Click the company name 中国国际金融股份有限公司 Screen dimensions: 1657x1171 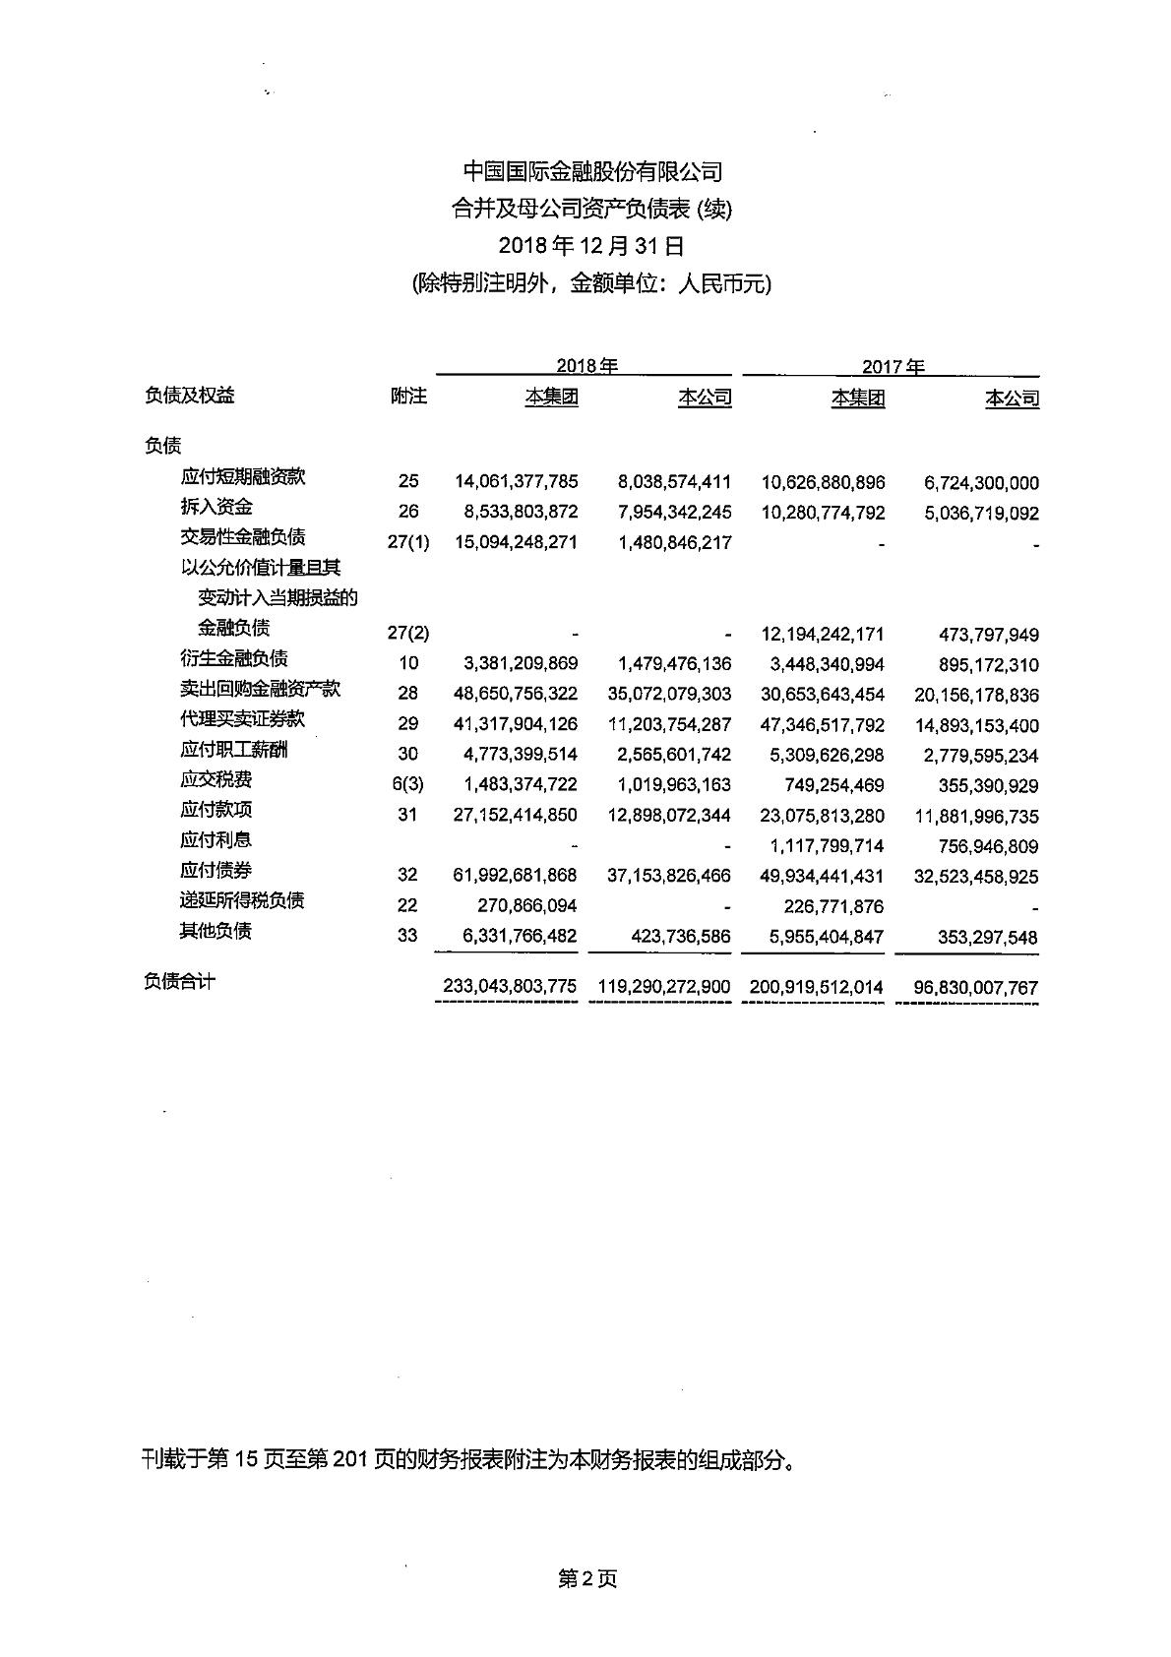pyautogui.click(x=592, y=172)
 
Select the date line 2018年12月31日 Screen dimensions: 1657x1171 pyautogui.click(x=591, y=246)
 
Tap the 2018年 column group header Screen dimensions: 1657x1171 pyautogui.click(x=586, y=366)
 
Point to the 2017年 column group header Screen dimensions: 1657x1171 pyautogui.click(x=894, y=367)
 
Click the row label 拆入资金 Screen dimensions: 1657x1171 pyautogui.click(x=216, y=507)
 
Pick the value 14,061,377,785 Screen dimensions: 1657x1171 pyautogui.click(x=516, y=482)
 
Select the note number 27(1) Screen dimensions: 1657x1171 pyautogui.click(x=408, y=542)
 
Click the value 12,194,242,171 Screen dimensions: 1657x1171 pyautogui.click(x=823, y=634)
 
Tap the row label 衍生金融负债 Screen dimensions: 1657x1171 pyautogui.click(x=234, y=658)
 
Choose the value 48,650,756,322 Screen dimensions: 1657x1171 pyautogui.click(x=516, y=694)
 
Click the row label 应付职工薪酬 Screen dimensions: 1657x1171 pyautogui.click(x=234, y=750)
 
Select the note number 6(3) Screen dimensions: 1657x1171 pyautogui.click(x=408, y=784)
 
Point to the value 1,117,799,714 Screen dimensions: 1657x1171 pyautogui.click(x=823, y=846)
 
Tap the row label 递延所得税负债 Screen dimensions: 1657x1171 pyautogui.click(x=243, y=900)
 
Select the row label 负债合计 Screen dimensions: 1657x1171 pyautogui.click(x=180, y=982)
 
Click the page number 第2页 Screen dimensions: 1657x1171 pyautogui.click(x=586, y=1579)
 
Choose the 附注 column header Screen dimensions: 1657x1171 pyautogui.click(x=408, y=396)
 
